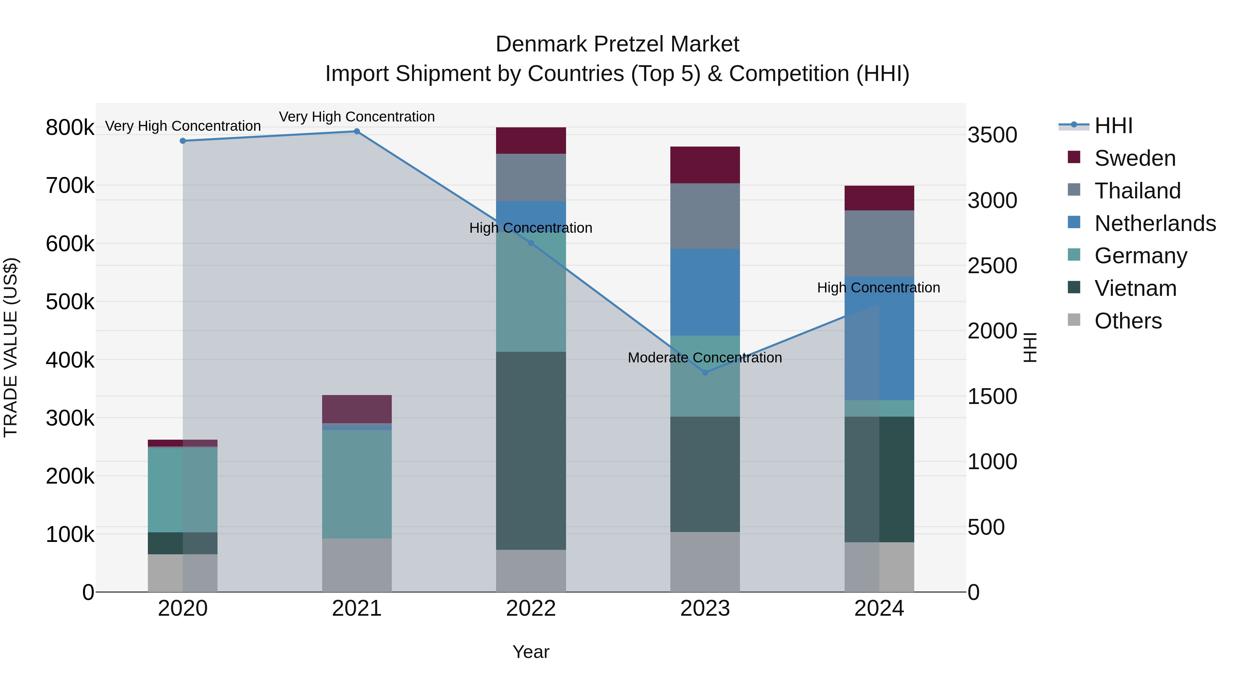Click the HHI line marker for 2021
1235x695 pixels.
[x=357, y=131]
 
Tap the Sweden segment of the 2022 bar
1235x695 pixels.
[x=531, y=140]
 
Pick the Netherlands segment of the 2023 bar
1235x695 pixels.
[x=705, y=292]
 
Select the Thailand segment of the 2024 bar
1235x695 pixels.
[x=879, y=243]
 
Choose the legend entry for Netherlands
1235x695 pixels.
[x=1154, y=223]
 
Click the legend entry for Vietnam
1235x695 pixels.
[x=1135, y=288]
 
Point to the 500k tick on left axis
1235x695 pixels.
[x=70, y=302]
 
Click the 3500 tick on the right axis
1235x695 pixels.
[x=992, y=135]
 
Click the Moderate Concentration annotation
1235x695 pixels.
[x=705, y=358]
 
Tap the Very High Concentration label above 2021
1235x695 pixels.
[x=357, y=117]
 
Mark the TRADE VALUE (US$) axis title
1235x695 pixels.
[x=11, y=347]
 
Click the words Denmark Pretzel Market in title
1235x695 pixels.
[x=617, y=44]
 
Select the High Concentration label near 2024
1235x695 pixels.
[x=878, y=288]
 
